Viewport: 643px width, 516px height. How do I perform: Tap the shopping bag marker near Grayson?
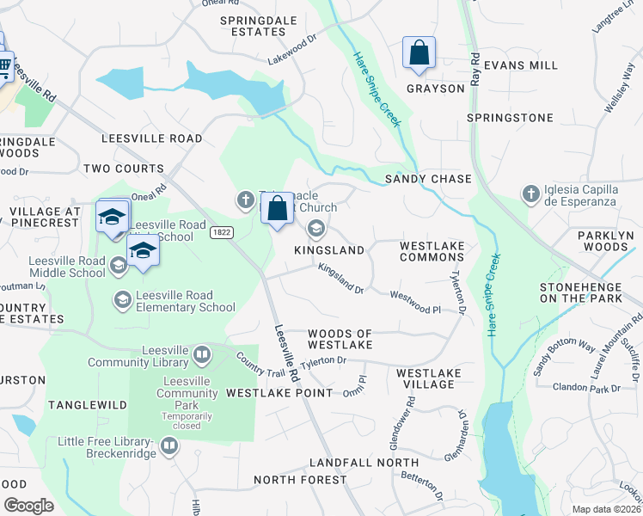(x=419, y=52)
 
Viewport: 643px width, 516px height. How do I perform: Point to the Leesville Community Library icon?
(x=202, y=353)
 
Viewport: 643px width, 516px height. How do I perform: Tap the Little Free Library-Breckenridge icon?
(x=168, y=445)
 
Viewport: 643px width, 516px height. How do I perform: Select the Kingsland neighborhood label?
(x=328, y=250)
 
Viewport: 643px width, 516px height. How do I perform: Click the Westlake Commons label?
(x=432, y=251)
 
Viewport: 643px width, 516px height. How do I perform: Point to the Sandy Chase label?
(x=427, y=179)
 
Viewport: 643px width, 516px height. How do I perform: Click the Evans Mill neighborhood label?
(x=520, y=65)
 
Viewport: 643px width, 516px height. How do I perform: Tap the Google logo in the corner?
(x=28, y=505)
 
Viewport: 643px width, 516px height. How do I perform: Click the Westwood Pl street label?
(x=414, y=302)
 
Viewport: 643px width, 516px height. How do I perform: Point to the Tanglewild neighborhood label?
(x=87, y=404)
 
